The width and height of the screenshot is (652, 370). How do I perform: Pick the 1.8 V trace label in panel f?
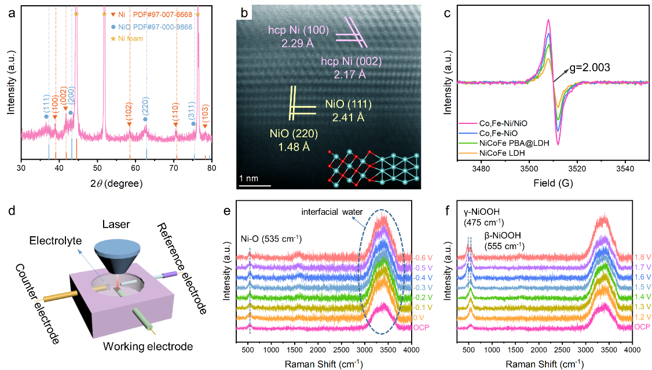point(642,258)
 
